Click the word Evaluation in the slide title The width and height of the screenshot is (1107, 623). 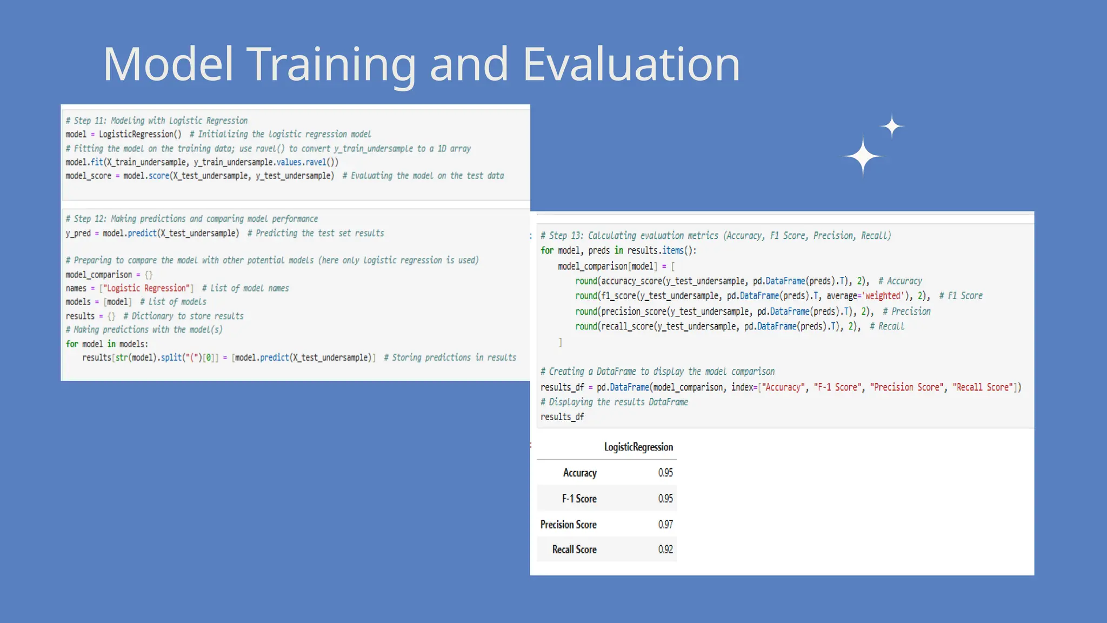pyautogui.click(x=631, y=64)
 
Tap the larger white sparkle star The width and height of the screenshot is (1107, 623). pyautogui.click(x=863, y=156)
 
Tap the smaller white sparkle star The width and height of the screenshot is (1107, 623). pyautogui.click(x=892, y=127)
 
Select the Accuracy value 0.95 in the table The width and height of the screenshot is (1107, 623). pyautogui.click(x=665, y=473)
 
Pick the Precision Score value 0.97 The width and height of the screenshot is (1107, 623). pyautogui.click(x=665, y=525)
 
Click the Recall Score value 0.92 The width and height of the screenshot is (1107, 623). pyautogui.click(x=665, y=549)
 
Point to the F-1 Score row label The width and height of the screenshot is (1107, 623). pyautogui.click(x=579, y=499)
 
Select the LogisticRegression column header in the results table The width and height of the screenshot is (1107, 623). pyautogui.click(x=638, y=447)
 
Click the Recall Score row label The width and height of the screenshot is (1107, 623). pyautogui.click(x=574, y=549)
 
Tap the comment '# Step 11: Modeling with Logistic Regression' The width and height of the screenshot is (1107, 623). pyautogui.click(x=157, y=121)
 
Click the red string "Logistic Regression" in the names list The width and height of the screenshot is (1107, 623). pyautogui.click(x=146, y=288)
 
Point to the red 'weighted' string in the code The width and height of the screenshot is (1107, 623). pyautogui.click(x=883, y=296)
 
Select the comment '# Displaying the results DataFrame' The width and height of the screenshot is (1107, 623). pyautogui.click(x=614, y=402)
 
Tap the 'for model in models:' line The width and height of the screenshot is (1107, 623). pyautogui.click(x=107, y=344)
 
